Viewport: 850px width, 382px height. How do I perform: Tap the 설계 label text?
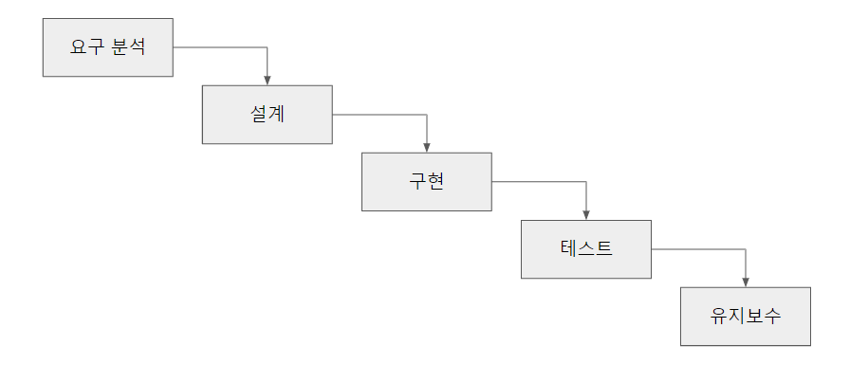pyautogui.click(x=268, y=115)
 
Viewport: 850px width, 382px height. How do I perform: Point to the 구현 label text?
pyautogui.click(x=427, y=182)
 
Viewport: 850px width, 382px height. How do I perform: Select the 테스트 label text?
pyautogui.click(x=586, y=249)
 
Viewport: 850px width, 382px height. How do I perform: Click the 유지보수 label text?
pyautogui.click(x=746, y=317)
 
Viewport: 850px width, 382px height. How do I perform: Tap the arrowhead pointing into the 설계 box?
pyautogui.click(x=268, y=80)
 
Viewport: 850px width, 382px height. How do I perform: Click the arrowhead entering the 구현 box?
pyautogui.click(x=427, y=147)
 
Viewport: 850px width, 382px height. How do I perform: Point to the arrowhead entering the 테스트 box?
pyautogui.click(x=586, y=214)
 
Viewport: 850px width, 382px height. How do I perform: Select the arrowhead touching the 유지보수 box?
pyautogui.click(x=746, y=282)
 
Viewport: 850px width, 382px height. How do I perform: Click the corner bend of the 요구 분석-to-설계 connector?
pyautogui.click(x=268, y=47)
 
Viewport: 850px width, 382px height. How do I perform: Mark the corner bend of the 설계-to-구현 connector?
pyautogui.click(x=427, y=115)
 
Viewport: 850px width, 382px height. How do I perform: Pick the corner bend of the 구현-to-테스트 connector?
pyautogui.click(x=586, y=182)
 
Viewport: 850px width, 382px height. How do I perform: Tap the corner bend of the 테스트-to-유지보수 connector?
pyautogui.click(x=746, y=249)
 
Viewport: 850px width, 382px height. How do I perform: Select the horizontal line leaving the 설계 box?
pyautogui.click(x=379, y=115)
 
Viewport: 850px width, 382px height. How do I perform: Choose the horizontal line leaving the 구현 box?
pyautogui.click(x=539, y=182)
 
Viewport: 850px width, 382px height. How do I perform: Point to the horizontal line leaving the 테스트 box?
pyautogui.click(x=698, y=249)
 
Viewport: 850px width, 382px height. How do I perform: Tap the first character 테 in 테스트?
pyautogui.click(x=569, y=249)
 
